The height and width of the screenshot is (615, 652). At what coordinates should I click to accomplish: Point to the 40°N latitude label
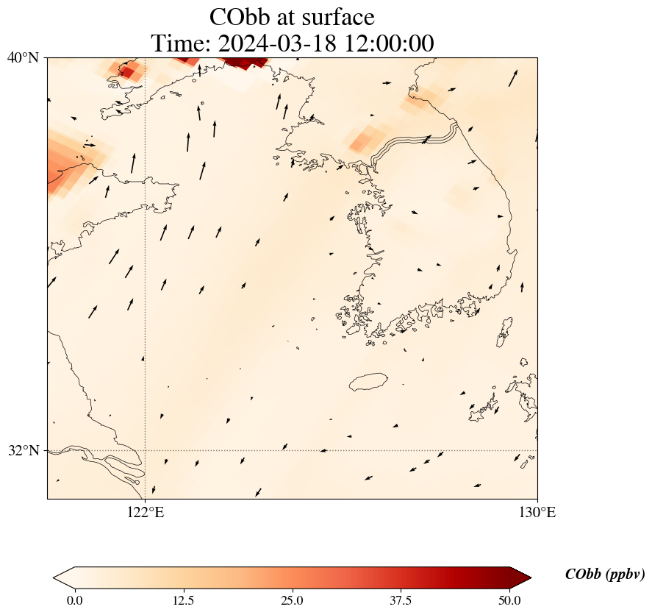tap(24, 58)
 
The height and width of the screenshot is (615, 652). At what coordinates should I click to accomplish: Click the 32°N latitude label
tap(24, 450)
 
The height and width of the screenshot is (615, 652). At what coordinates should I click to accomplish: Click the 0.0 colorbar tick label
tap(74, 600)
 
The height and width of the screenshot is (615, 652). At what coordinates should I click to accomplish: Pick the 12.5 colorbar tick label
tap(183, 600)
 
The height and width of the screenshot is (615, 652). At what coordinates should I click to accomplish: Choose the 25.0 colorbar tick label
tap(293, 600)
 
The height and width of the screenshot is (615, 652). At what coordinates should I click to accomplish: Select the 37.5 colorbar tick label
tap(401, 600)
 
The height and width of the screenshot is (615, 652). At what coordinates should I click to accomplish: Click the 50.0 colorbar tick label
tap(509, 600)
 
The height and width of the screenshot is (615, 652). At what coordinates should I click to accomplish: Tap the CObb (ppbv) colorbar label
tap(605, 575)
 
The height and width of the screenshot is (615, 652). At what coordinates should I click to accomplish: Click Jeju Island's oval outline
tap(368, 382)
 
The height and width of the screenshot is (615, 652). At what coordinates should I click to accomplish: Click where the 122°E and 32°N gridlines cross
tap(146, 450)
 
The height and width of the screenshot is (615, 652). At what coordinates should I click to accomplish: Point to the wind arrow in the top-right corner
tap(513, 77)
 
